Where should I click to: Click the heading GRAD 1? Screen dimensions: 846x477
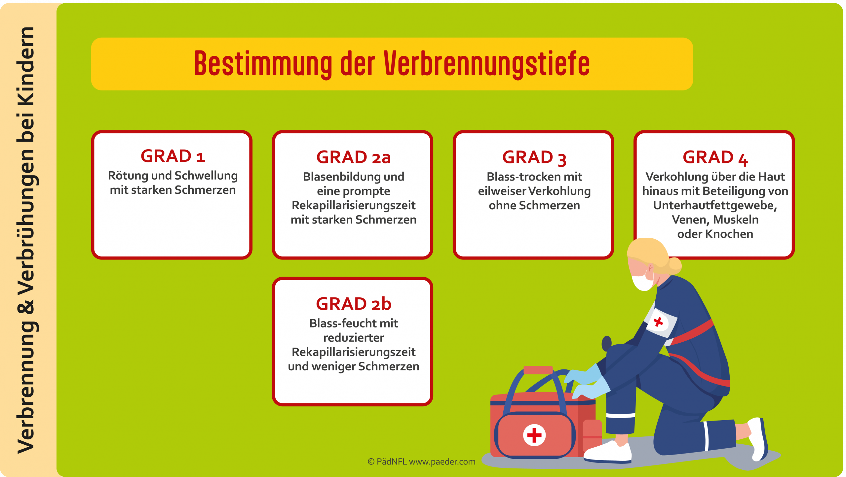(173, 156)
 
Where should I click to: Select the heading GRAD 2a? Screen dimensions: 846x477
(353, 157)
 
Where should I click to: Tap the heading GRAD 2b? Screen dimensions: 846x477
(353, 303)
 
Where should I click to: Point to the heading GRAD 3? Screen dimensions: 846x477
(534, 157)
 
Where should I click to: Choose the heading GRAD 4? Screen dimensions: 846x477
(715, 157)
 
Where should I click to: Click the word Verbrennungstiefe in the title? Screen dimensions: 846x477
(486, 64)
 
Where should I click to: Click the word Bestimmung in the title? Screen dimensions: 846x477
(263, 64)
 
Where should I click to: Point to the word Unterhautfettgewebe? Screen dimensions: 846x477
(715, 206)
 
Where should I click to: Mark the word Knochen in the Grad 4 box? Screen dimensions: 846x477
(729, 234)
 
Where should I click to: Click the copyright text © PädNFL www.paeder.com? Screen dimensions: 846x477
(421, 461)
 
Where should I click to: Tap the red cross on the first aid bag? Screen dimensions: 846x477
(534, 435)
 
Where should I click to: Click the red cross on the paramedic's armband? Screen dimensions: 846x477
(658, 322)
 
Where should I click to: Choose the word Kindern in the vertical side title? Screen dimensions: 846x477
(26, 66)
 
